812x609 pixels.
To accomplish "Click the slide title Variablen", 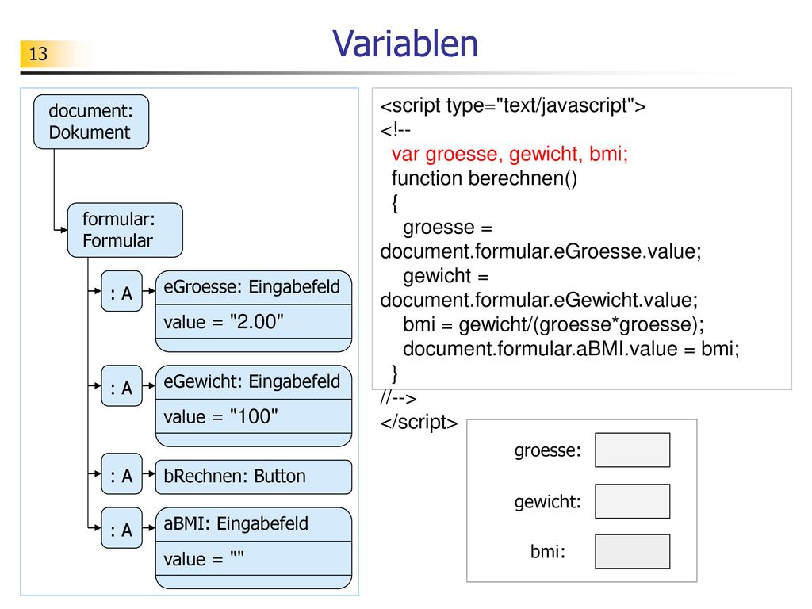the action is click(x=405, y=44).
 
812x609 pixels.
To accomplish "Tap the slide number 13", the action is click(x=38, y=54).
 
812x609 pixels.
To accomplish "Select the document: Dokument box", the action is click(x=91, y=121).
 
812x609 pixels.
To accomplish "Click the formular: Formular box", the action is click(x=125, y=230).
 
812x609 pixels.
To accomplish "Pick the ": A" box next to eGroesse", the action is click(x=121, y=291).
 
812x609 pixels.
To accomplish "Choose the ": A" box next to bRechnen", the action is click(x=121, y=474).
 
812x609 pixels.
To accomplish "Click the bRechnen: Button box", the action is click(x=254, y=477).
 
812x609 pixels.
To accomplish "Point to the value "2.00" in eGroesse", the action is click(x=224, y=322).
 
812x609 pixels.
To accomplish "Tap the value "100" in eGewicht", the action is click(x=220, y=416).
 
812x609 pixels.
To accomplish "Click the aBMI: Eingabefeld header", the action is click(x=254, y=525).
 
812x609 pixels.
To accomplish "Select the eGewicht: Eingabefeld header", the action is click(x=254, y=382).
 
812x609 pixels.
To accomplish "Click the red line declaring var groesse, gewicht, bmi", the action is click(x=510, y=155).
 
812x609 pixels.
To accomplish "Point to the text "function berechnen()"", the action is click(x=485, y=178).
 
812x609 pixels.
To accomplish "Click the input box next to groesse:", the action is click(x=632, y=450).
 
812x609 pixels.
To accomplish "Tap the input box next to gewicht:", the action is click(x=632, y=501).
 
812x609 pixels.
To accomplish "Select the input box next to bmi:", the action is click(x=632, y=552).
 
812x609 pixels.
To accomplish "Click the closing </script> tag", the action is click(x=419, y=423).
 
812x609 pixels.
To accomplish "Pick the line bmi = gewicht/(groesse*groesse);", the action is click(x=553, y=324).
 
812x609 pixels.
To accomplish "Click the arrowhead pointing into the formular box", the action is click(x=63, y=230).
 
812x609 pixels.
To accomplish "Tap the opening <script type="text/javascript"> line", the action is click(x=513, y=105).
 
